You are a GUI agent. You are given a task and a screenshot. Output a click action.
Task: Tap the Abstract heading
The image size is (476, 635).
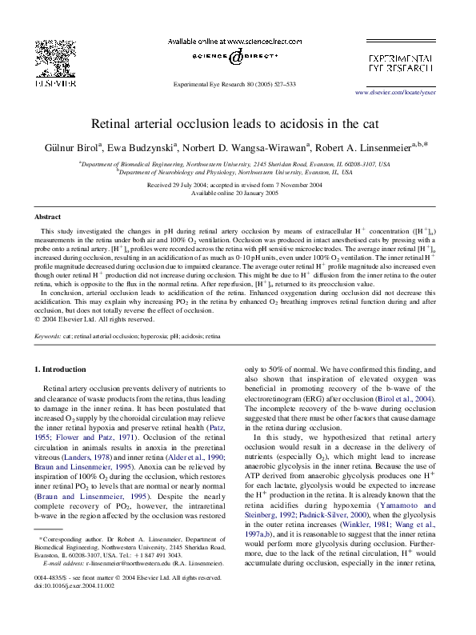(x=47, y=217)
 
